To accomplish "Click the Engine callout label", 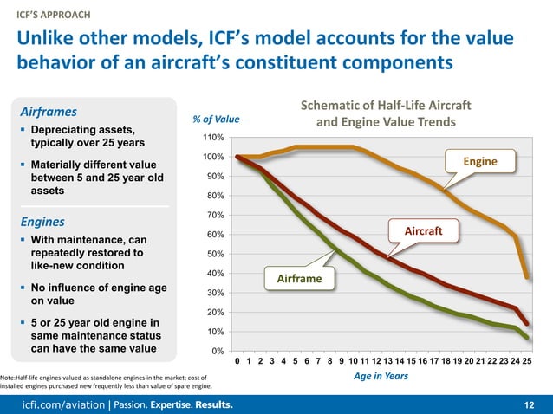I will click(x=479, y=162).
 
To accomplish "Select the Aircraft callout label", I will click(x=425, y=232).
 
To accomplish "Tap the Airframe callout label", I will click(x=299, y=278).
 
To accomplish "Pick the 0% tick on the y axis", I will click(x=218, y=351).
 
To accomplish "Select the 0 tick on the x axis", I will click(x=237, y=361).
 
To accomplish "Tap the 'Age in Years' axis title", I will click(x=381, y=378).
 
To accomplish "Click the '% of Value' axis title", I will click(x=216, y=119).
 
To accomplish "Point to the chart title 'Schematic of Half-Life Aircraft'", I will click(x=386, y=105).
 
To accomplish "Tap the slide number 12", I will click(x=530, y=404).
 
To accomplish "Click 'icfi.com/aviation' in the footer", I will click(x=56, y=404).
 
